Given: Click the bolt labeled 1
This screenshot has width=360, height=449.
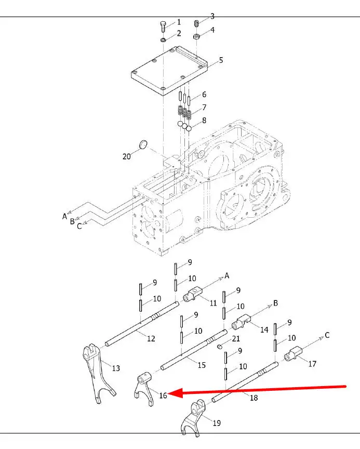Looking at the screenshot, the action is (163, 27).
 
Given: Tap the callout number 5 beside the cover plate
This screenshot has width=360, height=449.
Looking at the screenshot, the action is (221, 60).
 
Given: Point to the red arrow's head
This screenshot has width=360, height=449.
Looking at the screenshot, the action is (175, 393).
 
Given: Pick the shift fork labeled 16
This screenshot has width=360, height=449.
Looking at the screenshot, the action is (144, 388).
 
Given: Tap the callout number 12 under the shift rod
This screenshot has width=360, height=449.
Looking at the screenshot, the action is (151, 338).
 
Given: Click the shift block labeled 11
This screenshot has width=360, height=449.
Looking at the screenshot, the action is (193, 294).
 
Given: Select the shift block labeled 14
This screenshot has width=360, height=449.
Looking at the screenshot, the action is (241, 322).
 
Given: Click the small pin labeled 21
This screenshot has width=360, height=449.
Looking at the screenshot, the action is (220, 347).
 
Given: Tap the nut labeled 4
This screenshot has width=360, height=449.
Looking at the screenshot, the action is (196, 37).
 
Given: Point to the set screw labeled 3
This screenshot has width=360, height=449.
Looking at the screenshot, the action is (196, 23).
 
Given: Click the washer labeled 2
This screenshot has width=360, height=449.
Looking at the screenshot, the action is (163, 39).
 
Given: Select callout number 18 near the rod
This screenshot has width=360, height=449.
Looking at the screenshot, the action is (254, 398).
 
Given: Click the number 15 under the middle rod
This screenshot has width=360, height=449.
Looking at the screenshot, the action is (202, 365).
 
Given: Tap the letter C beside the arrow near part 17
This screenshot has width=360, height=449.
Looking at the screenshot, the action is (327, 335).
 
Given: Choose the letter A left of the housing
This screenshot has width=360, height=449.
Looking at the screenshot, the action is (64, 216).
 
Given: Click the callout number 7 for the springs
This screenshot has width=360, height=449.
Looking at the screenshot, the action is (204, 108).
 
